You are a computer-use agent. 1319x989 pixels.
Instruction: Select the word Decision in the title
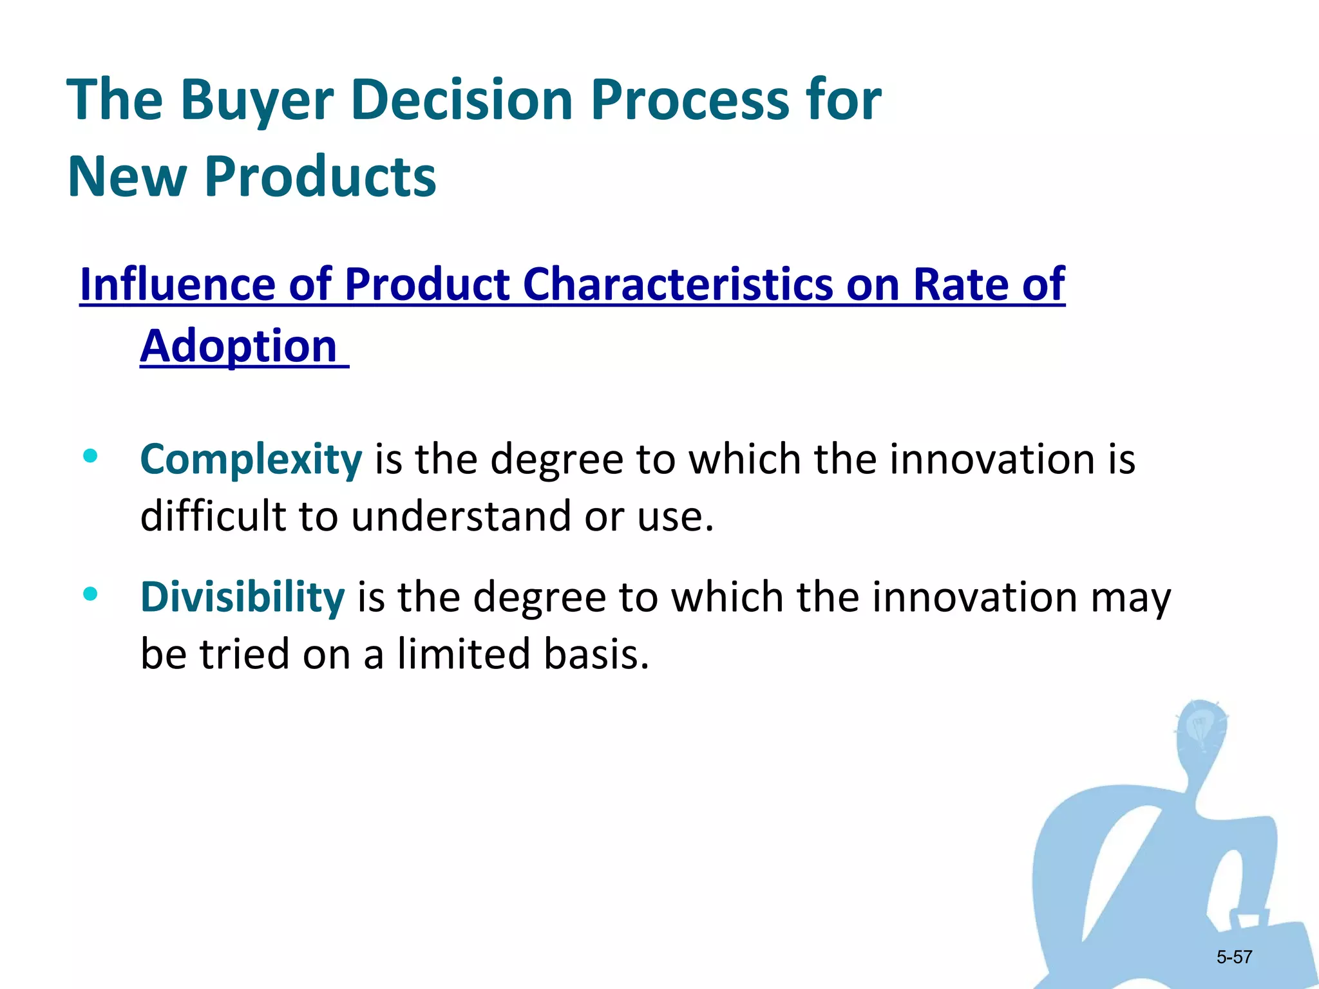tap(462, 100)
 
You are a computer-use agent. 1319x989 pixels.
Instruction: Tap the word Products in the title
tap(320, 176)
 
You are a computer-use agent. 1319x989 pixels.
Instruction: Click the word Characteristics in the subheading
tap(678, 284)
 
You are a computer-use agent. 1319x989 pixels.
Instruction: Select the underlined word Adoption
tap(239, 346)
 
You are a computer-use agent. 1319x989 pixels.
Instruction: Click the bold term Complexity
tap(251, 460)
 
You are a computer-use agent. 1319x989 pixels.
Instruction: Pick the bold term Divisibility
tap(242, 597)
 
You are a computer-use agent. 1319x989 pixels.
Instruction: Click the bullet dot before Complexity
tap(90, 456)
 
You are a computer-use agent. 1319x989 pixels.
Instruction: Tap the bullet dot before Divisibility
tap(90, 594)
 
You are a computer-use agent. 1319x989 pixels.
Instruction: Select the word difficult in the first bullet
tap(213, 516)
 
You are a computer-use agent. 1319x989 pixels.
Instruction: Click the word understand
tap(460, 516)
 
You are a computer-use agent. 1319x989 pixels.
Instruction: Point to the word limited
tap(464, 654)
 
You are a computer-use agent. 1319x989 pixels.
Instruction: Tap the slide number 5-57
tap(1234, 957)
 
